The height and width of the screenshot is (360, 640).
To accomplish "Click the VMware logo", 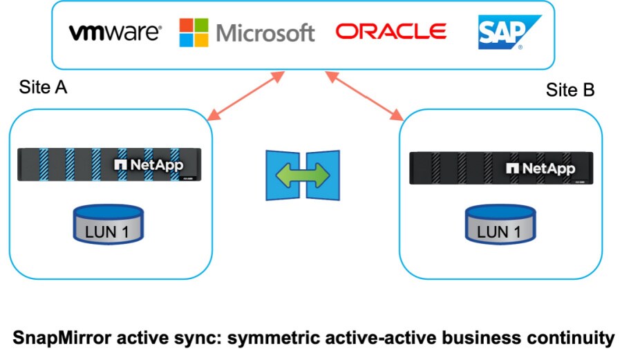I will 115,32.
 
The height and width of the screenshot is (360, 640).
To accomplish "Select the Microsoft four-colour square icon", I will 194,32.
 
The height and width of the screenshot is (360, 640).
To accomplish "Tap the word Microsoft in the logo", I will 265,32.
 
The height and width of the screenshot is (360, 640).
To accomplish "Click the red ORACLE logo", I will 390,31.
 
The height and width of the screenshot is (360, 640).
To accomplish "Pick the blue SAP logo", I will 509,32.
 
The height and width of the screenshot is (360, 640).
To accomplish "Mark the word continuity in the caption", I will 576,338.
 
